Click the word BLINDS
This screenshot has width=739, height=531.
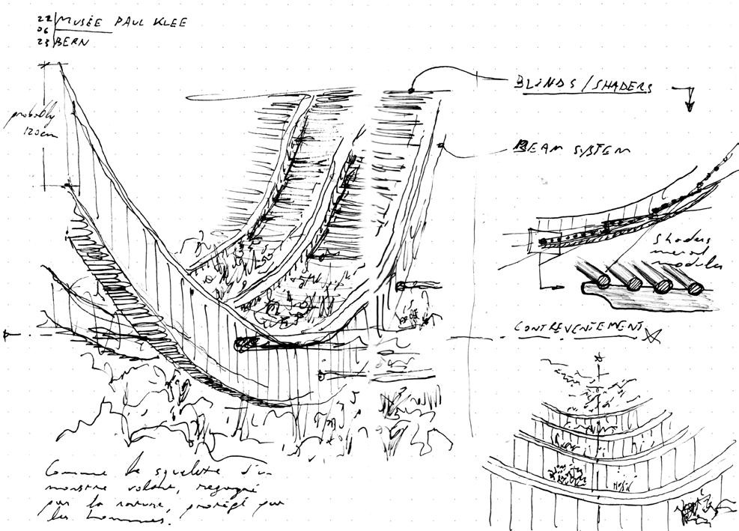(542, 85)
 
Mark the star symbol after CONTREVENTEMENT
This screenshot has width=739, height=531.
(654, 333)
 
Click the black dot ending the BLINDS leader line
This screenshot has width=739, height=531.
(411, 91)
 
